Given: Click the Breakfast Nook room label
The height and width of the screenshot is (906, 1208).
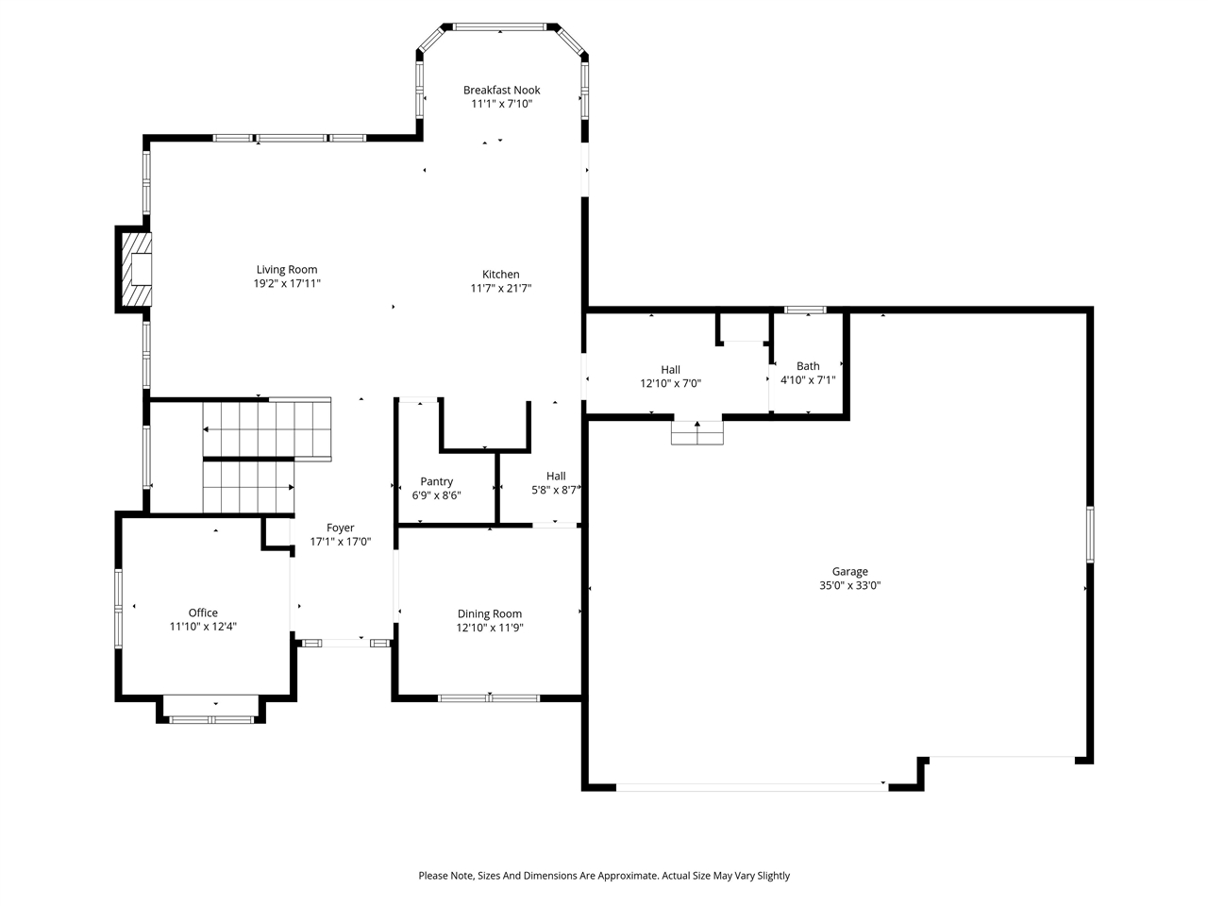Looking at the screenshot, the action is pos(501,90).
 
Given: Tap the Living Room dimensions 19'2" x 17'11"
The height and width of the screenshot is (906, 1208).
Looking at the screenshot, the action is pos(287,283).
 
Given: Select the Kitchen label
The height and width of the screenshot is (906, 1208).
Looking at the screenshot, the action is pos(501,274).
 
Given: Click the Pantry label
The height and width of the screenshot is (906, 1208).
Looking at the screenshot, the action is pos(436,481).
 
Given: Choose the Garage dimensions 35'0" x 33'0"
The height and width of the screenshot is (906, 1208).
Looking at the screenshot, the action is pos(849,585).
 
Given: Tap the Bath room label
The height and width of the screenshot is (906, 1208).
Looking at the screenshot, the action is pos(808,366).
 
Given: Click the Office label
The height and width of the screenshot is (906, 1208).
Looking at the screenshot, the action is pos(203,612).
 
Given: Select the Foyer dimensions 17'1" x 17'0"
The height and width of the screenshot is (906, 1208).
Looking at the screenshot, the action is pos(340,542).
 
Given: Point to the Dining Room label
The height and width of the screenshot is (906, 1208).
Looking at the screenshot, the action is pos(489,613).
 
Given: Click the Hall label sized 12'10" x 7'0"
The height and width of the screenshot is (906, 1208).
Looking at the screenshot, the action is pos(670,370).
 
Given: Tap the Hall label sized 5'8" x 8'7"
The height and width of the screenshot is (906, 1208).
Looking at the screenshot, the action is pos(556,476).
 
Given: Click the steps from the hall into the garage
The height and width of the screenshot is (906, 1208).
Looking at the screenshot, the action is pos(696,432).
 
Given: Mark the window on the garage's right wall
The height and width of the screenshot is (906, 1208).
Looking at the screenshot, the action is pos(1090,534).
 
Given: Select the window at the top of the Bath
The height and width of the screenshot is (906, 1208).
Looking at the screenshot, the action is pos(805,310).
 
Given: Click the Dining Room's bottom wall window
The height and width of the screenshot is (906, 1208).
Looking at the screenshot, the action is pos(489,698).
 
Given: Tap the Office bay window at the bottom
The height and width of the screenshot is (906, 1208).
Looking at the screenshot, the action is pos(211,719).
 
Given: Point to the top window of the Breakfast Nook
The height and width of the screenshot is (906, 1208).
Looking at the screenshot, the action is pos(499,26).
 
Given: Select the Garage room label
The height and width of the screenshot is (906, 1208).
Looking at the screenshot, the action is pos(849,572).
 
